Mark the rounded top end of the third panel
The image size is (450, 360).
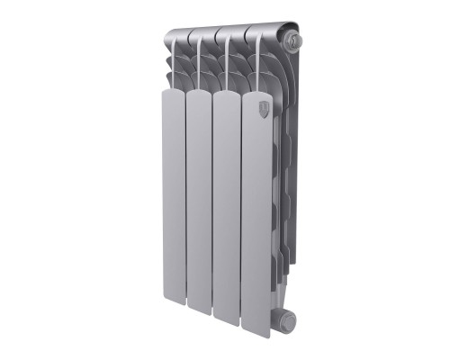227,94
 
